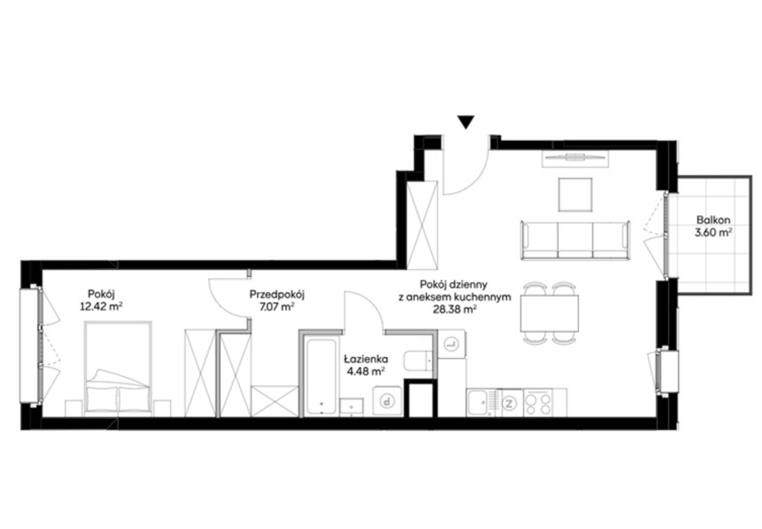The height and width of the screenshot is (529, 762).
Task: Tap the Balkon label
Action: (x=713, y=220)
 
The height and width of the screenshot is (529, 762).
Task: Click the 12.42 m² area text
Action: (x=101, y=306)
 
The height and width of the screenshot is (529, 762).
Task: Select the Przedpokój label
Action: (x=277, y=294)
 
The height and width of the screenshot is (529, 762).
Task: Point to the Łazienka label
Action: (x=366, y=359)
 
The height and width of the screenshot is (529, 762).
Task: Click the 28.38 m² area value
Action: (x=454, y=310)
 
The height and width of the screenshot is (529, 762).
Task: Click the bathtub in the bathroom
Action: (x=321, y=377)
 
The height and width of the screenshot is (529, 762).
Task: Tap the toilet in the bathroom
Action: (x=418, y=361)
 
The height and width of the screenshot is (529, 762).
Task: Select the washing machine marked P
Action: (x=387, y=401)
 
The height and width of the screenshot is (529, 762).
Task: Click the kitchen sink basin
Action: (x=478, y=403)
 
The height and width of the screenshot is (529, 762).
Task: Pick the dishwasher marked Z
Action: (x=509, y=403)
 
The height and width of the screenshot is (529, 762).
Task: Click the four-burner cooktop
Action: (x=537, y=403)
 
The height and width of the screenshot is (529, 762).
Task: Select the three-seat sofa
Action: (x=575, y=240)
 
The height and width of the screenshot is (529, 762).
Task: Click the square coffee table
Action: (x=575, y=195)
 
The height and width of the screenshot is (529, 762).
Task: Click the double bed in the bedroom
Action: (x=118, y=369)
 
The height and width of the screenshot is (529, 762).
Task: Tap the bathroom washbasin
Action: (x=352, y=407)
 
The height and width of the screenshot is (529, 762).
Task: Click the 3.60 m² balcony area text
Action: (x=713, y=233)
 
